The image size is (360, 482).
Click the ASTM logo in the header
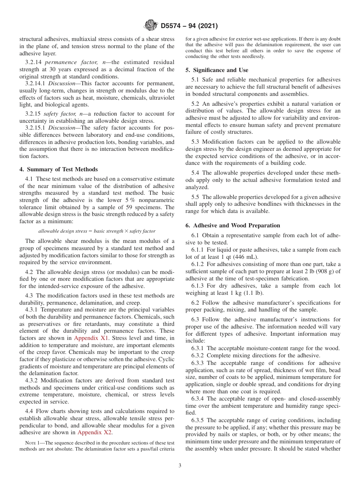[151, 26]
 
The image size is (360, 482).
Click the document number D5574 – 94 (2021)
[189, 26]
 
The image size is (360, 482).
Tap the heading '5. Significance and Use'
[217, 70]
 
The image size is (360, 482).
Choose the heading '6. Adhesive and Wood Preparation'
[233, 225]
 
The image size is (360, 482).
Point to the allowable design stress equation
[97, 231]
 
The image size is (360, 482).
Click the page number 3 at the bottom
[180, 466]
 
